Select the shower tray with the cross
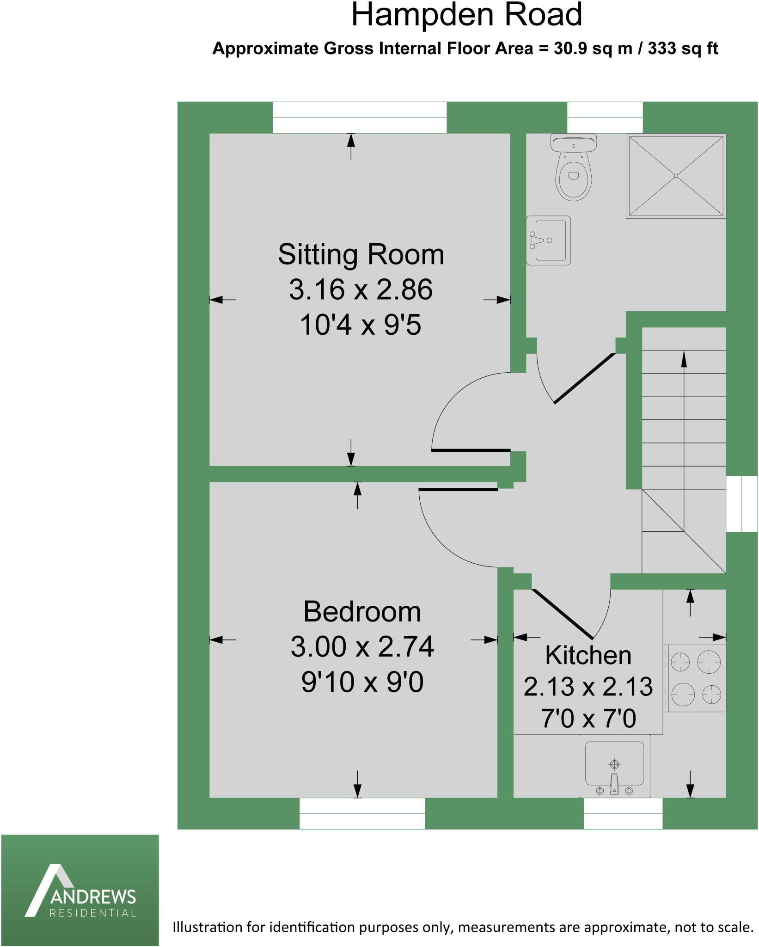[x=676, y=176]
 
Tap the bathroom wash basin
[x=548, y=240]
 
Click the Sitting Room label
[x=361, y=255]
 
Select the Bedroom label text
[x=362, y=612]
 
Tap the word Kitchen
[x=588, y=655]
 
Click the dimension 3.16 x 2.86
[x=361, y=290]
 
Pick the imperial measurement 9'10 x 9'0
[x=362, y=682]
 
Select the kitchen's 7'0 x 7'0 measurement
[x=588, y=719]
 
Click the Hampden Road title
[x=466, y=15]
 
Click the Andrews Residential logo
[x=80, y=890]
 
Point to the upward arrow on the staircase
[x=684, y=361]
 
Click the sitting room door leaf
[x=471, y=450]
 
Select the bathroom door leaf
[x=585, y=378]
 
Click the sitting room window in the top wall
[x=360, y=117]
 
